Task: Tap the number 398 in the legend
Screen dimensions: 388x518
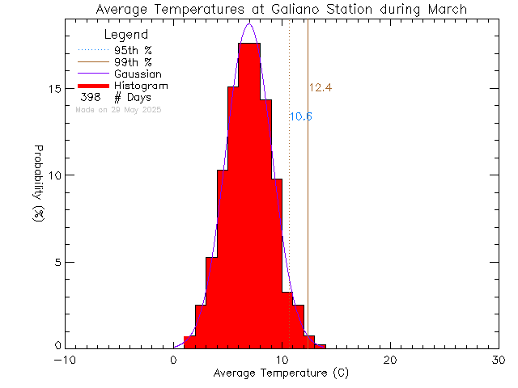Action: [91, 97]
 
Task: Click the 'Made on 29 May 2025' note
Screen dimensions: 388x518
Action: [118, 109]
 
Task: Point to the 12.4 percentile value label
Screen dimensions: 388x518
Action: [321, 87]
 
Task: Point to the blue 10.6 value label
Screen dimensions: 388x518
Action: [301, 116]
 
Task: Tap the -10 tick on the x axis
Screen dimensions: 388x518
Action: [64, 361]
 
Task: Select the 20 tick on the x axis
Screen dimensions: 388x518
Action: [390, 361]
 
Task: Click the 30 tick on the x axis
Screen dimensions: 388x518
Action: [499, 361]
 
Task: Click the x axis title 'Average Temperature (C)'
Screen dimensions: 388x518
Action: [281, 373]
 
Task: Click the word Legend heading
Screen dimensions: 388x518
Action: [126, 35]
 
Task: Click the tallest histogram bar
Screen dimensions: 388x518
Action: [249, 194]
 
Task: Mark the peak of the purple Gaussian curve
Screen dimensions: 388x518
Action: [249, 24]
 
